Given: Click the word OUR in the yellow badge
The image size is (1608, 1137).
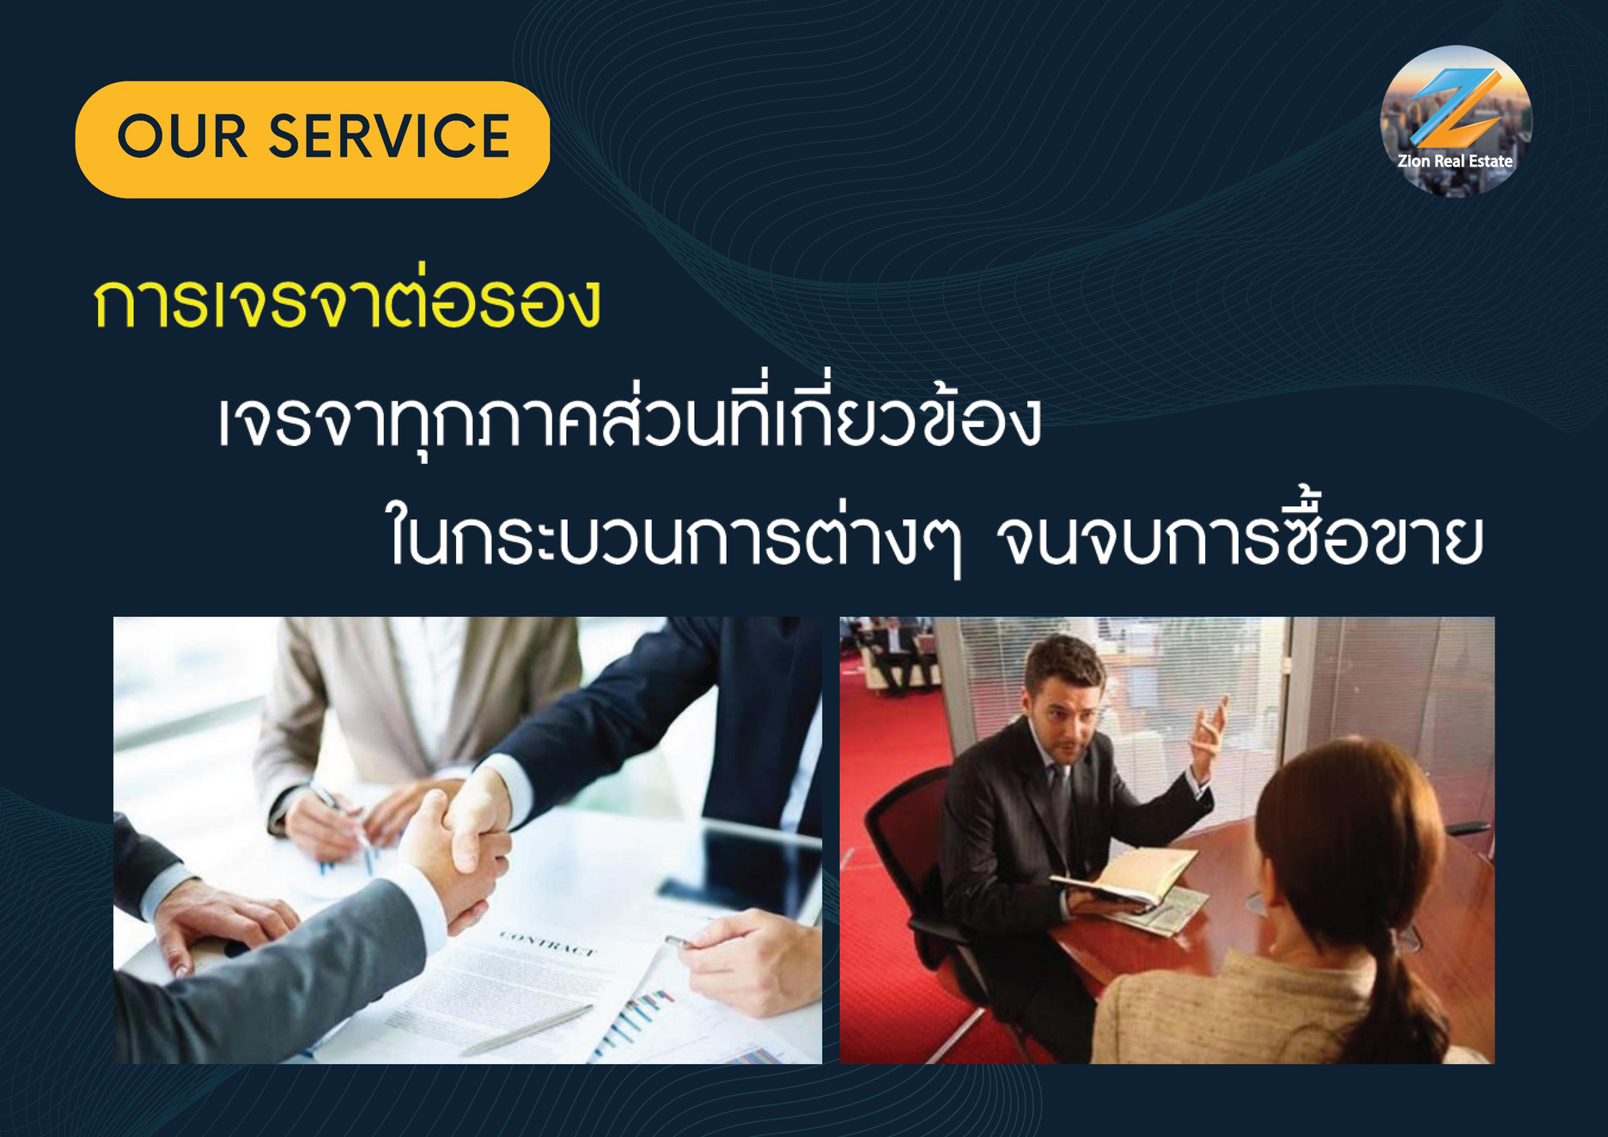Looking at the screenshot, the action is tap(182, 137).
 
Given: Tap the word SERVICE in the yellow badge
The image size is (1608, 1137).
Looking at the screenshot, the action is tap(390, 137).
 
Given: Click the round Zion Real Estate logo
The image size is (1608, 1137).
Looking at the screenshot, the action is tap(1456, 121).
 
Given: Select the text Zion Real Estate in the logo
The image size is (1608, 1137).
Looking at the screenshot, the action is tap(1455, 161).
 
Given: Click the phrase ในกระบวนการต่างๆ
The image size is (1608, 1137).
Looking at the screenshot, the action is tap(674, 541).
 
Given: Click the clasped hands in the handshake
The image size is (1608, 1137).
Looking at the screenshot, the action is tap(460, 851).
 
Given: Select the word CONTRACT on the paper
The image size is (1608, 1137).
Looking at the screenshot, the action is tap(547, 942).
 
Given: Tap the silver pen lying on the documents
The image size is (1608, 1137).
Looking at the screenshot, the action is tap(528, 1029).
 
